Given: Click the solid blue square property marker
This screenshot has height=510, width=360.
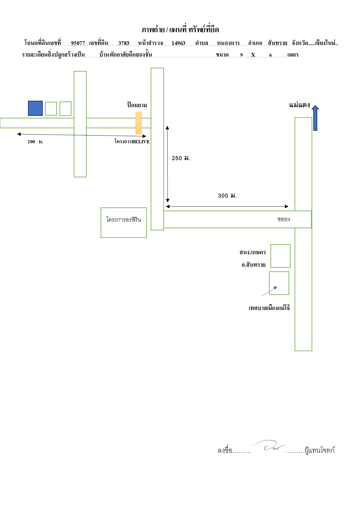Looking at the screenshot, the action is (x=35, y=108).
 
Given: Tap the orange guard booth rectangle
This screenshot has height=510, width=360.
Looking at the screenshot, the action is (x=139, y=123).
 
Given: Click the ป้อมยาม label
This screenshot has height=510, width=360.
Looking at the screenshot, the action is (x=137, y=105).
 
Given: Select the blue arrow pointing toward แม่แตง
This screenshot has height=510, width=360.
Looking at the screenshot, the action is (x=315, y=118).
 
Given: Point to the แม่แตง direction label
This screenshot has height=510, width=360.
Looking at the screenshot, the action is (x=299, y=105).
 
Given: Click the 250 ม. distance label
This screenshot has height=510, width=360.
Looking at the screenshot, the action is (x=181, y=158).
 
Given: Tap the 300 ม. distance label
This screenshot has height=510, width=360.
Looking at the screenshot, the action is (x=227, y=196).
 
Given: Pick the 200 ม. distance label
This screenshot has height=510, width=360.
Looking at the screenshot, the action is (x=35, y=142).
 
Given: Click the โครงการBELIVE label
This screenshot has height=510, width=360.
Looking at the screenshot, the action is (x=132, y=142).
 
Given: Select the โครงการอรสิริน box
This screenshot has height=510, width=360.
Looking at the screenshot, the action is (x=124, y=223).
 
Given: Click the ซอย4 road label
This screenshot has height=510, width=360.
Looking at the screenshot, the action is (x=284, y=219).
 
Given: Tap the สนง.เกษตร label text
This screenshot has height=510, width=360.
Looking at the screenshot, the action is (x=253, y=252).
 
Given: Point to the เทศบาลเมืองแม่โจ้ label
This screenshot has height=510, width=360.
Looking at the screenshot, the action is (x=269, y=308).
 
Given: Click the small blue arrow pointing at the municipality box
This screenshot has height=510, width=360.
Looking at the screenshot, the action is (x=269, y=291).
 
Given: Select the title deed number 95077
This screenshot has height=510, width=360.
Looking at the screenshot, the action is (x=78, y=43).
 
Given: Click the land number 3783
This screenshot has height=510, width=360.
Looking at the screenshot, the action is (x=124, y=43).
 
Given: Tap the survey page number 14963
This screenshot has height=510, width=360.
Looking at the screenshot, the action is (x=178, y=43).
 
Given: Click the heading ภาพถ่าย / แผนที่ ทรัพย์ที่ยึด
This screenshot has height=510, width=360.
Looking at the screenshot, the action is (x=180, y=29).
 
